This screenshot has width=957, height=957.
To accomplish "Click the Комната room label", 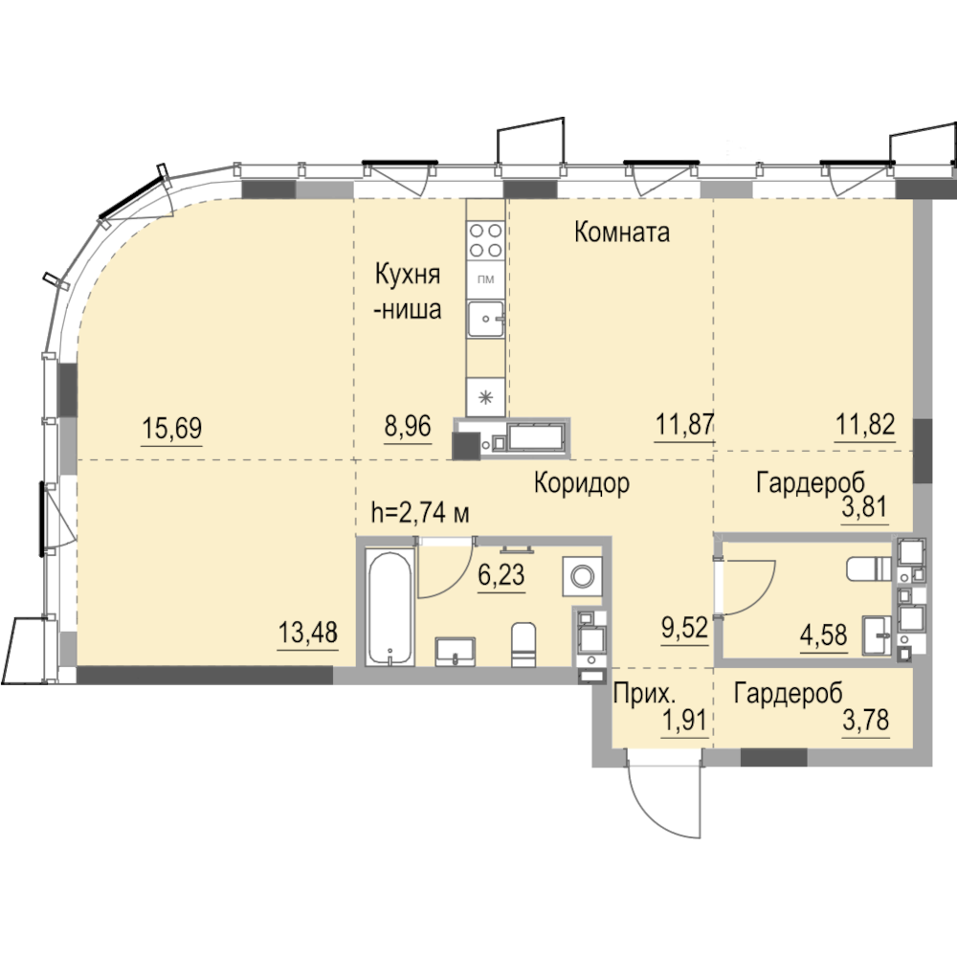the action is (x=622, y=233).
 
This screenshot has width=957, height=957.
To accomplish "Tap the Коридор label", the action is (x=582, y=483).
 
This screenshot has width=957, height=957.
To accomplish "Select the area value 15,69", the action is (x=171, y=428).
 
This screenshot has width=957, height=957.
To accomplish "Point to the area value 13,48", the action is (x=307, y=633).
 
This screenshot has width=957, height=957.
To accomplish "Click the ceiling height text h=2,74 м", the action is (x=420, y=513).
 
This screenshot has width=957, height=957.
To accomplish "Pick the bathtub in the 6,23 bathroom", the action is (x=390, y=608).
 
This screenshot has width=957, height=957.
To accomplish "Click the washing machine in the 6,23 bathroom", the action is (x=582, y=575).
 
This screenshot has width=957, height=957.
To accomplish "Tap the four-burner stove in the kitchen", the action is (x=486, y=240).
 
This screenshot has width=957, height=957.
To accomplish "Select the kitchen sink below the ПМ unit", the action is (x=486, y=319).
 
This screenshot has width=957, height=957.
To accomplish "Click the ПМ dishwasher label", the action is (x=486, y=280).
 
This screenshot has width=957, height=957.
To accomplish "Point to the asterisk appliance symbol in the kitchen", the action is (x=486, y=398).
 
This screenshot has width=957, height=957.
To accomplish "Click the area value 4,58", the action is (x=824, y=636).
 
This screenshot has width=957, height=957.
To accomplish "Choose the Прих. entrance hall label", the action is (x=644, y=694).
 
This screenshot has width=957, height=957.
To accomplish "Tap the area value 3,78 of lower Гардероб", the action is (x=865, y=721).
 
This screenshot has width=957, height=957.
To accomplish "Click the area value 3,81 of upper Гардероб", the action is (x=864, y=507).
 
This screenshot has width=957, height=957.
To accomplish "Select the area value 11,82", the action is (x=865, y=424).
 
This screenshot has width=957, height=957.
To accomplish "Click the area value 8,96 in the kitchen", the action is (x=408, y=426).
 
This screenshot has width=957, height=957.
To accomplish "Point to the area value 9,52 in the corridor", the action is (x=685, y=628).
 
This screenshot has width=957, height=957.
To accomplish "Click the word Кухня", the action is (x=407, y=275).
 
